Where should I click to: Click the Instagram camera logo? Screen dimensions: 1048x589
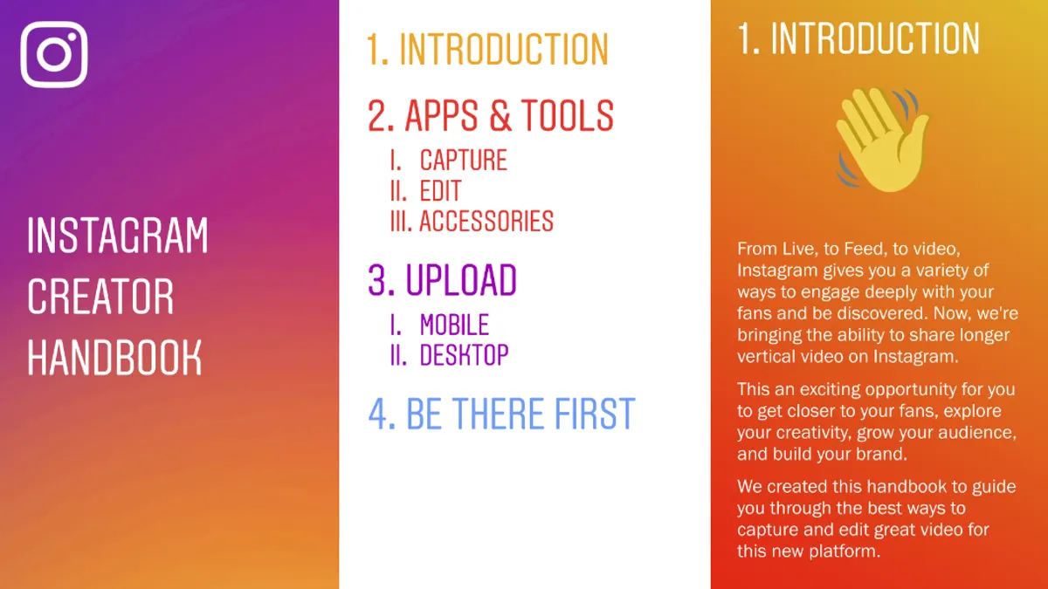(54, 54)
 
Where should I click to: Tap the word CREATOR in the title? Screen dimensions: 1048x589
(100, 297)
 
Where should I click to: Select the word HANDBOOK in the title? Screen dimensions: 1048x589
(114, 358)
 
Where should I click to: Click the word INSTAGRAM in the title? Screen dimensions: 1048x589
(117, 235)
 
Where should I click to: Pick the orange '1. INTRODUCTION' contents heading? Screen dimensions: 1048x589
(487, 50)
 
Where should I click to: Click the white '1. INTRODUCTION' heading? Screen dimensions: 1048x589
(858, 38)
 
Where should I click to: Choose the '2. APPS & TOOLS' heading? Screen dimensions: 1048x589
(490, 115)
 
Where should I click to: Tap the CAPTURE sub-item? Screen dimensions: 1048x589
(463, 160)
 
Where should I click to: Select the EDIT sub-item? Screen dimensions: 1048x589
(440, 191)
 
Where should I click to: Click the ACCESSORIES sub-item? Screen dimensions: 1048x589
(486, 221)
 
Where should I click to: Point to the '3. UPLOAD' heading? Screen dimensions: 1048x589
(442, 280)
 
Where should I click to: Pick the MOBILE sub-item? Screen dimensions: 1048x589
(454, 325)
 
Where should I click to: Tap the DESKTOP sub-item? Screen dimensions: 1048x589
(464, 355)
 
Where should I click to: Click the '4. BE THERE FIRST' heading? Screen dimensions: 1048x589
(501, 414)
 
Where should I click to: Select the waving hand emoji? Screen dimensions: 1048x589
(882, 140)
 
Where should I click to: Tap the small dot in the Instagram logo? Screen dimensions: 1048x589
(72, 37)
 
